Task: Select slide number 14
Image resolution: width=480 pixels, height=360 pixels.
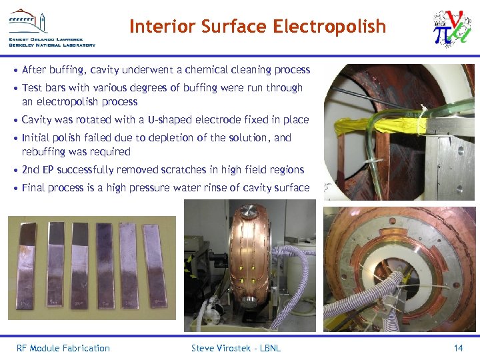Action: pyautogui.click(x=458, y=348)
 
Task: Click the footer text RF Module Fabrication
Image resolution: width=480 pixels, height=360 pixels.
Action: pyautogui.click(x=63, y=348)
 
